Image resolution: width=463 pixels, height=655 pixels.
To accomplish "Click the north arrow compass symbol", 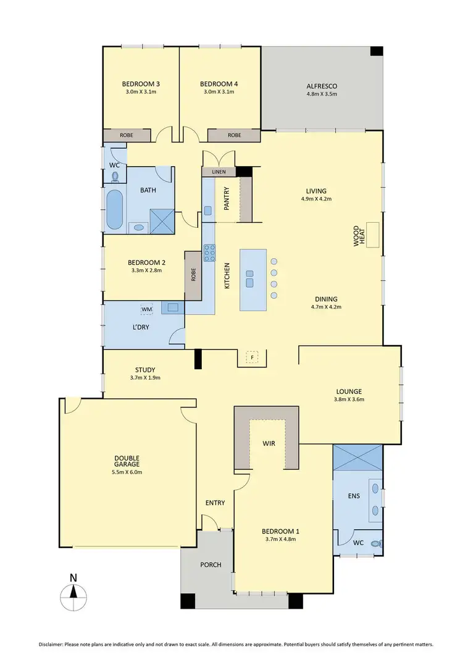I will pyautogui.click(x=73, y=596).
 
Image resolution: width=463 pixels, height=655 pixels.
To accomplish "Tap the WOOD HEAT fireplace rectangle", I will pyautogui.click(x=373, y=235).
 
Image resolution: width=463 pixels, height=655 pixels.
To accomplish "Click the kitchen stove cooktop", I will pyautogui.click(x=210, y=252).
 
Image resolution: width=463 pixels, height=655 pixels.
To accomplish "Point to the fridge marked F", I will pyautogui.click(x=251, y=357).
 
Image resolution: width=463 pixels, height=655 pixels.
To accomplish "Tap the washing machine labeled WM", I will pyautogui.click(x=146, y=309).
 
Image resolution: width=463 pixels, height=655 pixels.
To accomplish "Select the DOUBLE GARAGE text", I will pyautogui.click(x=127, y=460).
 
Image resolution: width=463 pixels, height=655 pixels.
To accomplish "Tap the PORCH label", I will pyautogui.click(x=211, y=564).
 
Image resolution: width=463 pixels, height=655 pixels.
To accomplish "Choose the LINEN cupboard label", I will pyautogui.click(x=219, y=172).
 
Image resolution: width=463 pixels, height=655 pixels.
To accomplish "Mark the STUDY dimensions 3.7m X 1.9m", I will pyautogui.click(x=146, y=378).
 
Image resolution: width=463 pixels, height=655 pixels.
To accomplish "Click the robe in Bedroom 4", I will pyautogui.click(x=234, y=135).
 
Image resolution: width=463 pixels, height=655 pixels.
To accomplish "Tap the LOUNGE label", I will pyautogui.click(x=349, y=391).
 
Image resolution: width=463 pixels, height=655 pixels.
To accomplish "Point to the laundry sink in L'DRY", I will pyautogui.click(x=172, y=306).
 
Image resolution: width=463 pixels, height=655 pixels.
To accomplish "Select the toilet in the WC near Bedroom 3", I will pyautogui.click(x=115, y=177).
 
